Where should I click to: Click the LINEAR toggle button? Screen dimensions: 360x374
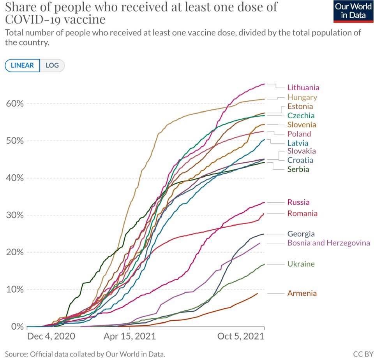pyautogui.click(x=22, y=65)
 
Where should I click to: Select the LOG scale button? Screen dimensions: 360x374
pyautogui.click(x=52, y=65)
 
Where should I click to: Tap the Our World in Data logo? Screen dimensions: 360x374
pyautogui.click(x=353, y=11)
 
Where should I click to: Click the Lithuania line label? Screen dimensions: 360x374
pyautogui.click(x=303, y=88)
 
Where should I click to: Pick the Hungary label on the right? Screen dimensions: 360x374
pyautogui.click(x=302, y=97)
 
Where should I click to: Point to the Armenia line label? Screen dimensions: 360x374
pyautogui.click(x=302, y=293)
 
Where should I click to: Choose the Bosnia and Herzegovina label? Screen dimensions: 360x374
pyautogui.click(x=328, y=243)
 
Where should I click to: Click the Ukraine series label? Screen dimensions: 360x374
pyautogui.click(x=301, y=264)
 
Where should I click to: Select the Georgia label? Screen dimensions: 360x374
pyautogui.click(x=301, y=234)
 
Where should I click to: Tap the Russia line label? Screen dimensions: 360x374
pyautogui.click(x=298, y=202)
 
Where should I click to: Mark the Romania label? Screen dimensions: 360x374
pyautogui.click(x=302, y=213)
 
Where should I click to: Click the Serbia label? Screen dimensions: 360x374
pyautogui.click(x=298, y=169)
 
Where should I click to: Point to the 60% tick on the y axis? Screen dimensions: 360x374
pyautogui.click(x=15, y=104)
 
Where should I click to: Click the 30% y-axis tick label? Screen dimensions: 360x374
pyautogui.click(x=15, y=215)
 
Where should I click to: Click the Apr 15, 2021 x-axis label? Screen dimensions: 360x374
pyautogui.click(x=129, y=336)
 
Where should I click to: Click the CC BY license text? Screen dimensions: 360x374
pyautogui.click(x=363, y=354)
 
